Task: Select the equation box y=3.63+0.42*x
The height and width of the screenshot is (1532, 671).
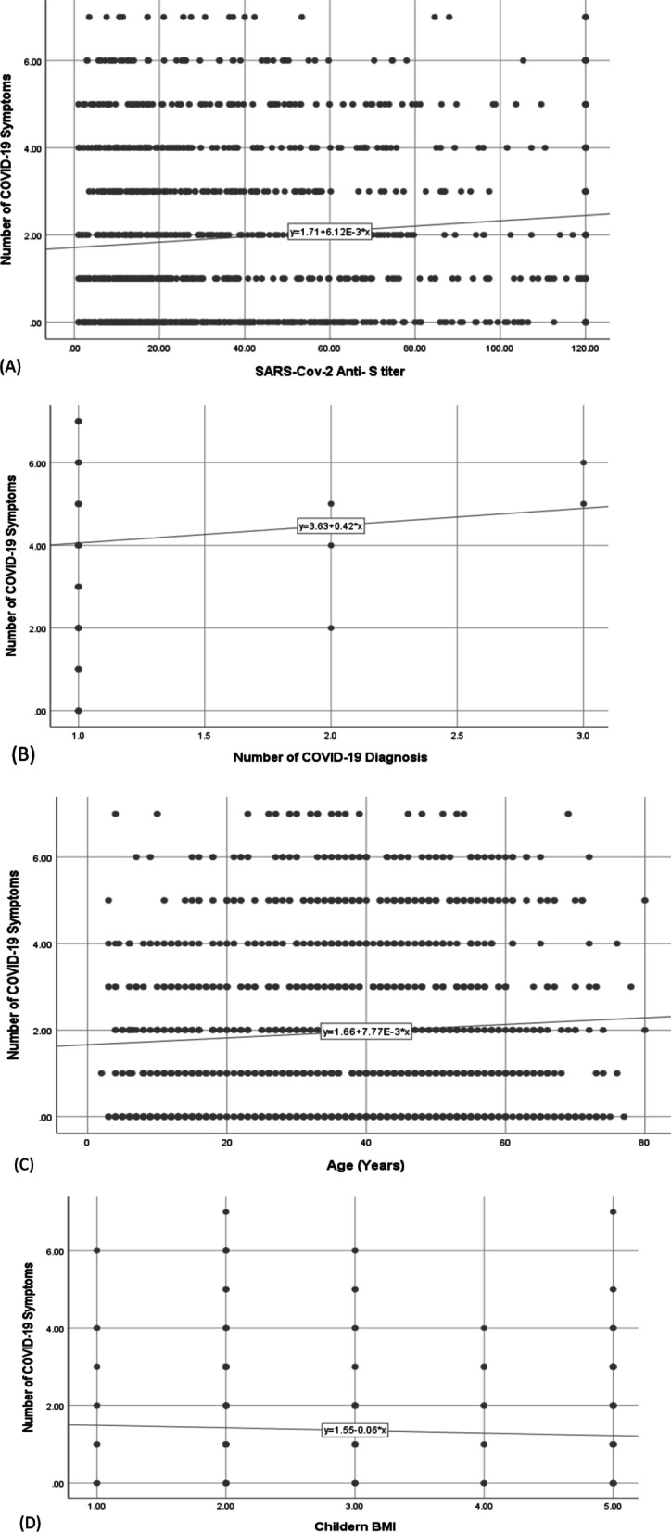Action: pyautogui.click(x=331, y=526)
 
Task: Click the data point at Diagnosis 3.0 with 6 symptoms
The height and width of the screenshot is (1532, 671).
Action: pyautogui.click(x=583, y=462)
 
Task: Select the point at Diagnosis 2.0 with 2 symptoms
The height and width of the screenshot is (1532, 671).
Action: pyautogui.click(x=331, y=627)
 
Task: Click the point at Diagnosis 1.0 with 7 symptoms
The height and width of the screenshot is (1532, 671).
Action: pyautogui.click(x=79, y=421)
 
